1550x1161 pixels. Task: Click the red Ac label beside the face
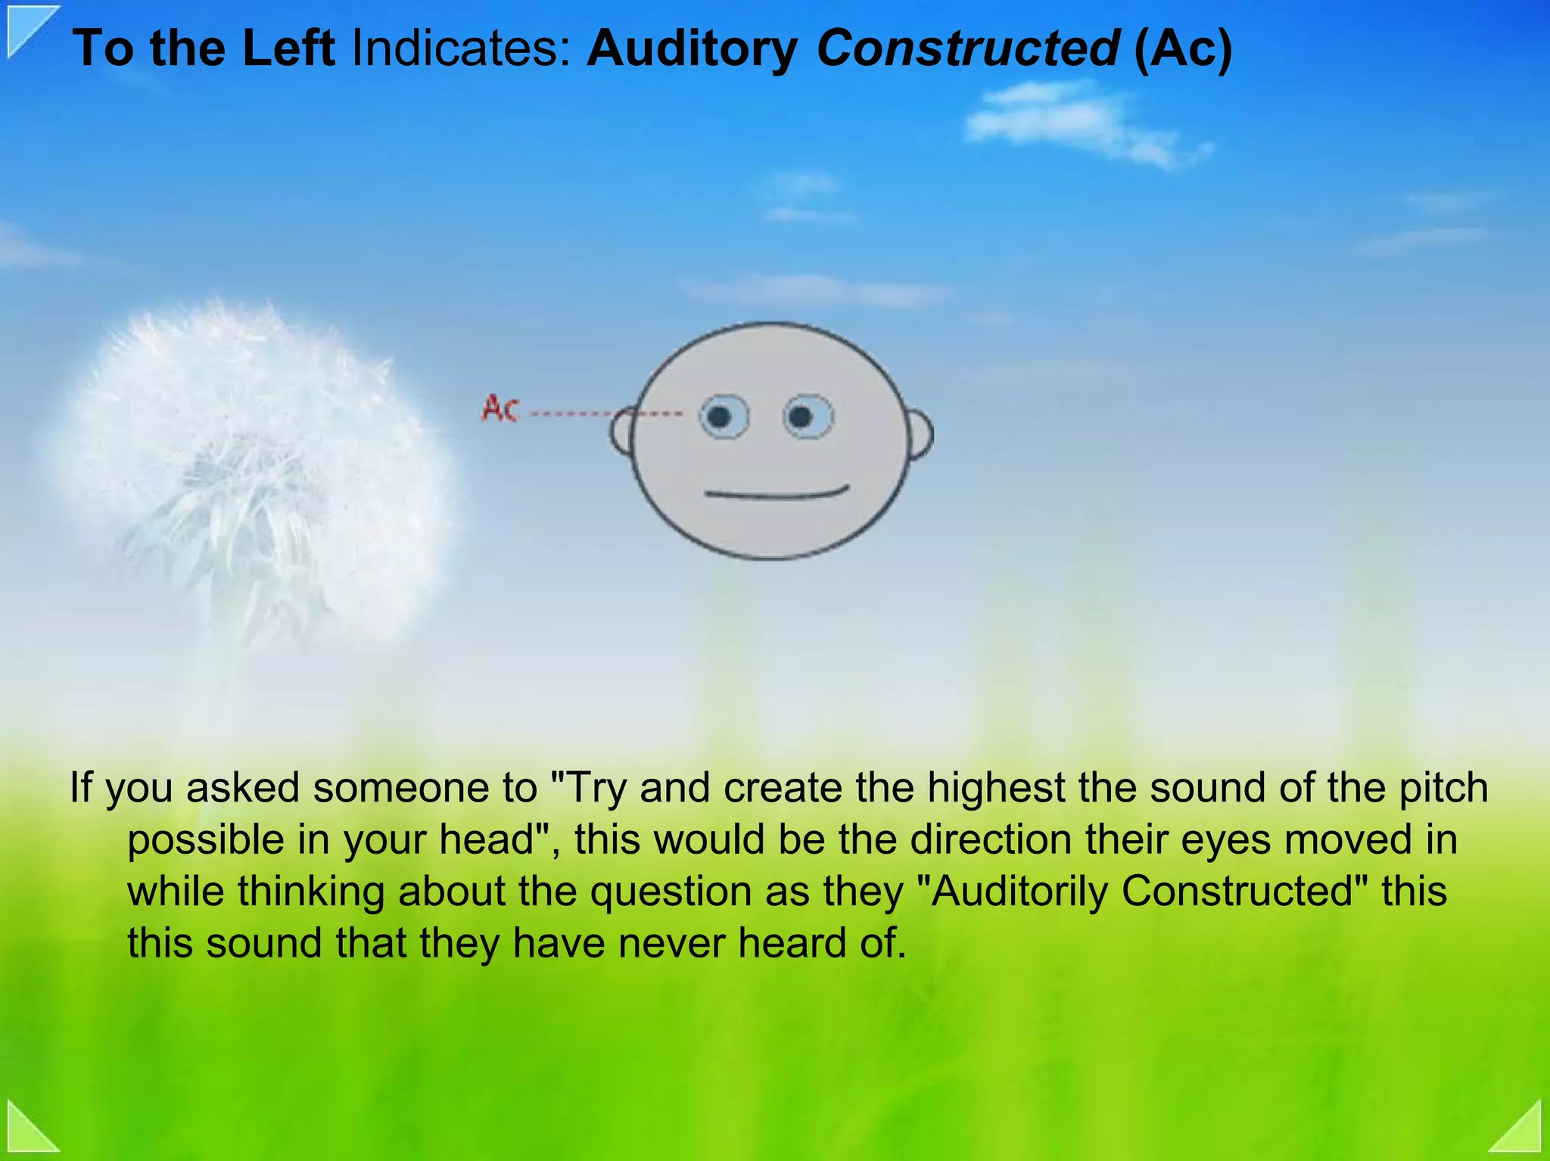click(500, 409)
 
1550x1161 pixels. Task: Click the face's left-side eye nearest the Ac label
click(723, 416)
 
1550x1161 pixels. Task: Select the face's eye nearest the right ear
click(807, 416)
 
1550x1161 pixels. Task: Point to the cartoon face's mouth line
click(776, 495)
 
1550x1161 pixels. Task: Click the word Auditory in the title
click(692, 48)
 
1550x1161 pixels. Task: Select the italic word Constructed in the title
click(968, 48)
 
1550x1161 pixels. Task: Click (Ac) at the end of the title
click(1183, 48)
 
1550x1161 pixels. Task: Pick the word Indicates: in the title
click(460, 48)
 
